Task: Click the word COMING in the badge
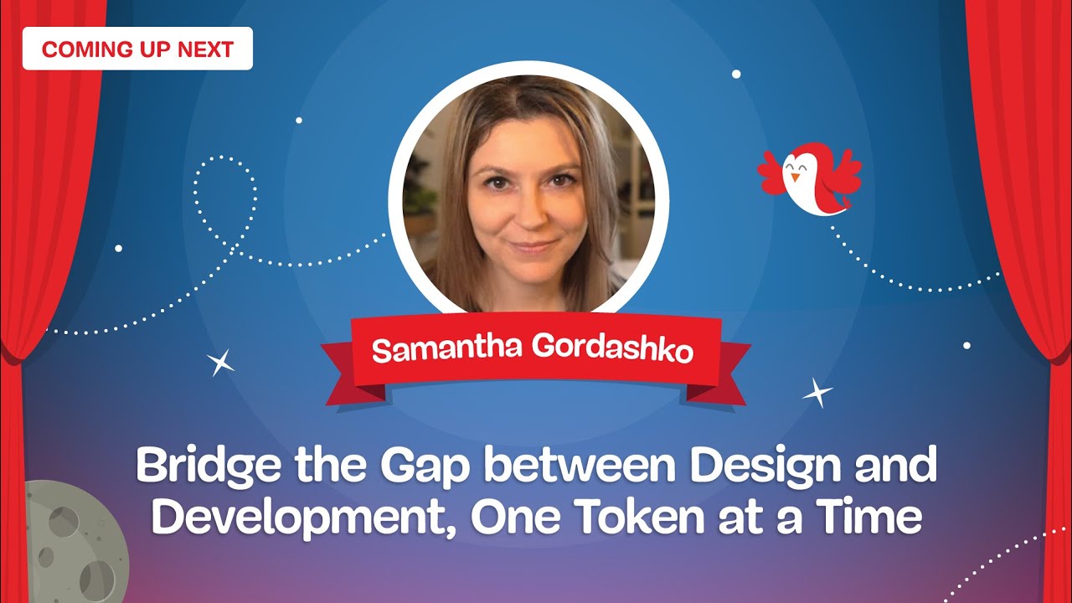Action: coord(77,49)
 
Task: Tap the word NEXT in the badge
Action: coord(205,49)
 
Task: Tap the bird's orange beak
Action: coord(795,178)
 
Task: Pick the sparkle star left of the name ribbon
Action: coord(221,362)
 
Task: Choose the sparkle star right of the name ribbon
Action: coord(817,392)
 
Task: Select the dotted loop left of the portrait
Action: coord(224,197)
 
